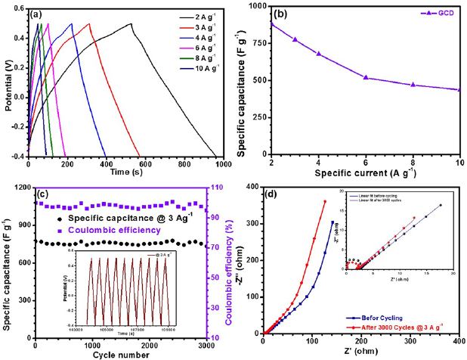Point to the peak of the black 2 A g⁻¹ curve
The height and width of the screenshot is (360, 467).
[x=131, y=23]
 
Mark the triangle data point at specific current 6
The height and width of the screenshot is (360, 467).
[x=366, y=77]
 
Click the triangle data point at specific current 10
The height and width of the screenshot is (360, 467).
[x=459, y=90]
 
